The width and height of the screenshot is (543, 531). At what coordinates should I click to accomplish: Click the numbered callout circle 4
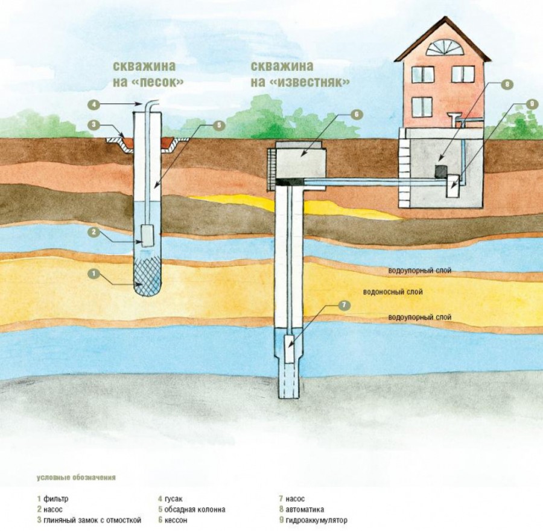[93, 105]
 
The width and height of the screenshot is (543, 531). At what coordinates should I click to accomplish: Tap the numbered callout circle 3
[93, 125]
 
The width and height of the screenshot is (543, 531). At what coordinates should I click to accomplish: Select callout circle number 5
[218, 125]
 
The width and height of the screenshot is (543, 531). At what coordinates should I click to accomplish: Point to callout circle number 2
[93, 231]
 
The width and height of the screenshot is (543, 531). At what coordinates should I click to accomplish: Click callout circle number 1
[93, 274]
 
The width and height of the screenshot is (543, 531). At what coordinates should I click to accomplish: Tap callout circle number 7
[344, 305]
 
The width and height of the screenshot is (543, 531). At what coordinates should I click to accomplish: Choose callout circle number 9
[530, 104]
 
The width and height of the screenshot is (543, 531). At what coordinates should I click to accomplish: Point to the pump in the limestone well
[289, 349]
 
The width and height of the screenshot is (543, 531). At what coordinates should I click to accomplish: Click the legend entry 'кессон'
[176, 520]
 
